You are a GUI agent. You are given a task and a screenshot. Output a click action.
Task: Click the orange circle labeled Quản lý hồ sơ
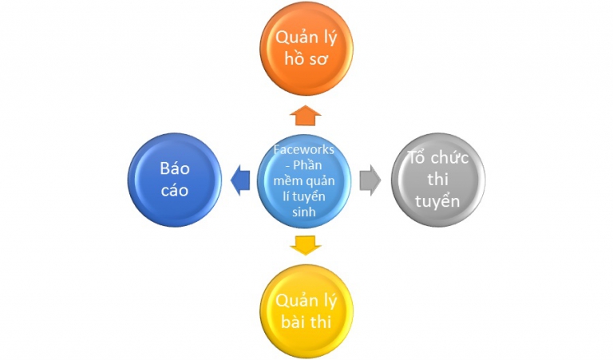click(x=306, y=48)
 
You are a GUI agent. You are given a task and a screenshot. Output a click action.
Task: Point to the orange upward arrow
click(x=306, y=115)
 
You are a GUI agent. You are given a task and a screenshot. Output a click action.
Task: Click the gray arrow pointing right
click(x=370, y=180)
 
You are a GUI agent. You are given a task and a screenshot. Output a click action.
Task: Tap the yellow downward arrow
click(x=306, y=244)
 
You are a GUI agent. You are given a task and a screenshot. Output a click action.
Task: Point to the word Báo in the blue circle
click(x=174, y=169)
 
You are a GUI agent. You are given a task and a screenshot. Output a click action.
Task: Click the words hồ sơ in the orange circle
click(x=306, y=58)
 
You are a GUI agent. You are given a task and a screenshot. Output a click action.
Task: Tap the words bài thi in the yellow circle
click(x=306, y=322)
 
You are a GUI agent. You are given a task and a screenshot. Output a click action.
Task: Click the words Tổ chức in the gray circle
click(x=437, y=158)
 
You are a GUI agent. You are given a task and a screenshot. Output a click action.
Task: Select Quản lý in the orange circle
click(x=306, y=37)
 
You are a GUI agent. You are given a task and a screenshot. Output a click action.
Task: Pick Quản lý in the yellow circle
click(x=306, y=301)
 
